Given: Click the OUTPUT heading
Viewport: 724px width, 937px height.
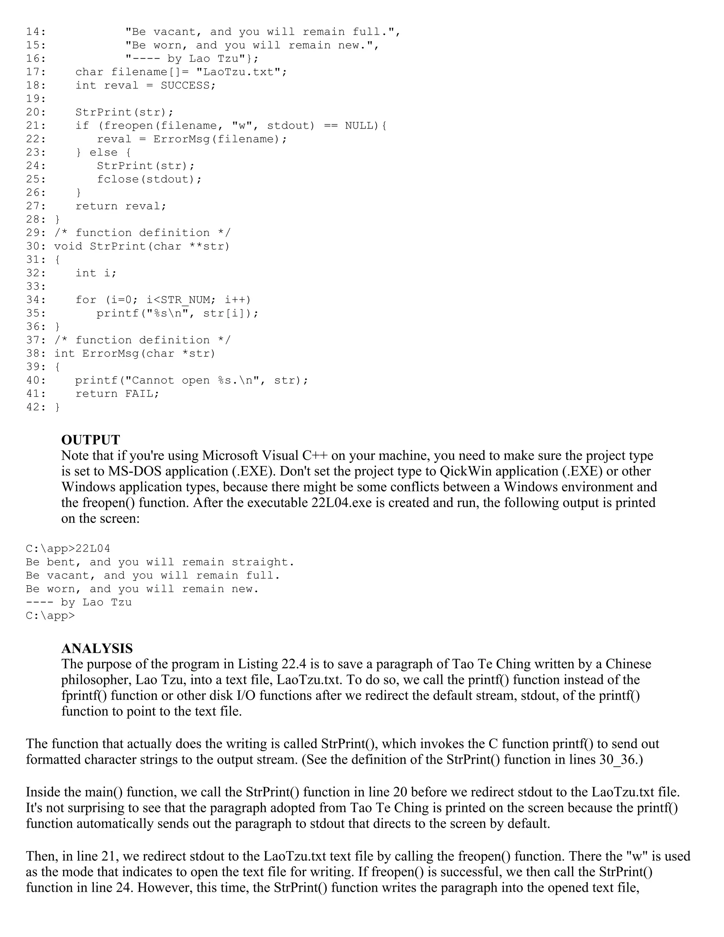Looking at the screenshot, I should [x=90, y=440].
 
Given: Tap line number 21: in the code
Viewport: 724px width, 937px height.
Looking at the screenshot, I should [x=36, y=126].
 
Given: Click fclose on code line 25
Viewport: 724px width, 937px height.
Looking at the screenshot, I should [x=118, y=179].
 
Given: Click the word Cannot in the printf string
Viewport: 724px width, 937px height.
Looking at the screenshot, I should [x=153, y=380].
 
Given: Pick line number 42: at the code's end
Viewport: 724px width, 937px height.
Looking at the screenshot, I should [x=36, y=407].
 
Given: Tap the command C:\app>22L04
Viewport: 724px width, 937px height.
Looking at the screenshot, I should [x=68, y=549].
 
